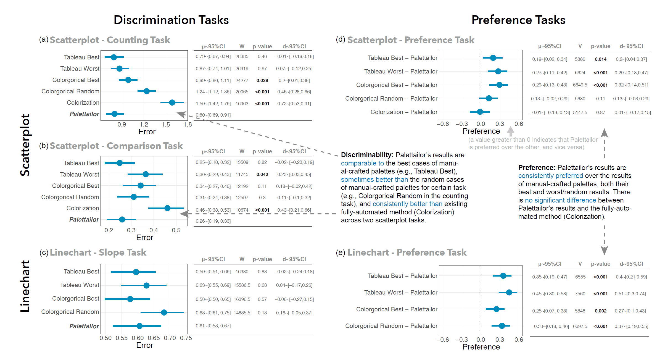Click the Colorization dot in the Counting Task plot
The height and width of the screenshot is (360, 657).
(172, 103)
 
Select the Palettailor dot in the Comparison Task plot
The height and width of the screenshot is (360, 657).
(122, 219)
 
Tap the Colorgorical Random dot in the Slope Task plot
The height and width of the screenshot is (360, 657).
(164, 312)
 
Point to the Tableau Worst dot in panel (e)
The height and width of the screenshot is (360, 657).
(509, 292)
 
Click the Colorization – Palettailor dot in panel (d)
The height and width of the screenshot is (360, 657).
(480, 112)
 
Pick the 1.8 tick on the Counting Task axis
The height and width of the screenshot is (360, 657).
(188, 125)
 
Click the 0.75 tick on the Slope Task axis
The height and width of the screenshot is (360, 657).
(186, 338)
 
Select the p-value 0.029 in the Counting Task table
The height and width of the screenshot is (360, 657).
(262, 80)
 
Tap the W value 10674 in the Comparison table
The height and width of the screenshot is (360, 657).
(242, 210)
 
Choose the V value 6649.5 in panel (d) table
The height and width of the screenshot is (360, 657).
(580, 85)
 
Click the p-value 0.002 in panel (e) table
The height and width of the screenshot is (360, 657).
(600, 311)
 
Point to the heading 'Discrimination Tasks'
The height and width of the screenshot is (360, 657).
(171, 20)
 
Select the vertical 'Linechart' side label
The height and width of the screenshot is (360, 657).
(25, 286)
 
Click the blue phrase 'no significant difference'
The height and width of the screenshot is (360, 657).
(560, 200)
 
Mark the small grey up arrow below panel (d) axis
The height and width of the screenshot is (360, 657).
(511, 131)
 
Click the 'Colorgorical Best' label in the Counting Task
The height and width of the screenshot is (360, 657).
(76, 80)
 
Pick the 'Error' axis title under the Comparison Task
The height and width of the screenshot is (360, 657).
(144, 238)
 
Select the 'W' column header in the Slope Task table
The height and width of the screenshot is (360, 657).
(242, 259)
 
